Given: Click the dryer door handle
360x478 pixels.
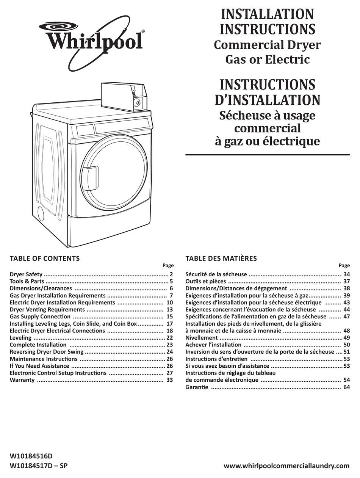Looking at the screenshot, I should click(90, 178).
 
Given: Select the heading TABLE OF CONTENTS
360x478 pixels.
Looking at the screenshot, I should click(45, 259).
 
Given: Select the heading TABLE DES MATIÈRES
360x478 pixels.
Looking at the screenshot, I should click(221, 259).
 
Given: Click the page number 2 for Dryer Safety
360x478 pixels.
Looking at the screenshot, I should click(171, 274).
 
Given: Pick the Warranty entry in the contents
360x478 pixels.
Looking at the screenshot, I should click(22, 380).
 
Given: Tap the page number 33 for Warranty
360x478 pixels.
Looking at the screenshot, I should click(169, 380).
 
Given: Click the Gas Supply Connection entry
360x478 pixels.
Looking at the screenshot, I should click(40, 317).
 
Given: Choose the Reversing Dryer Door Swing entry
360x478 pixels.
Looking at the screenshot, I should click(46, 352).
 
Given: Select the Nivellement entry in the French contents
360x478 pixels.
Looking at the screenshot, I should click(201, 338).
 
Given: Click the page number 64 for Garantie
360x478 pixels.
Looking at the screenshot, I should click(346, 387).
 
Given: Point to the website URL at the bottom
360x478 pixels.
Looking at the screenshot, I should click(286, 466).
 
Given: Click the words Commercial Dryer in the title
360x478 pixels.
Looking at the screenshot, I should click(267, 45).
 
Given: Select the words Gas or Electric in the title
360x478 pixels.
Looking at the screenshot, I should click(267, 60).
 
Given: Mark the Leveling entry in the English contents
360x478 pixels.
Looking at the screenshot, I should click(20, 338).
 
